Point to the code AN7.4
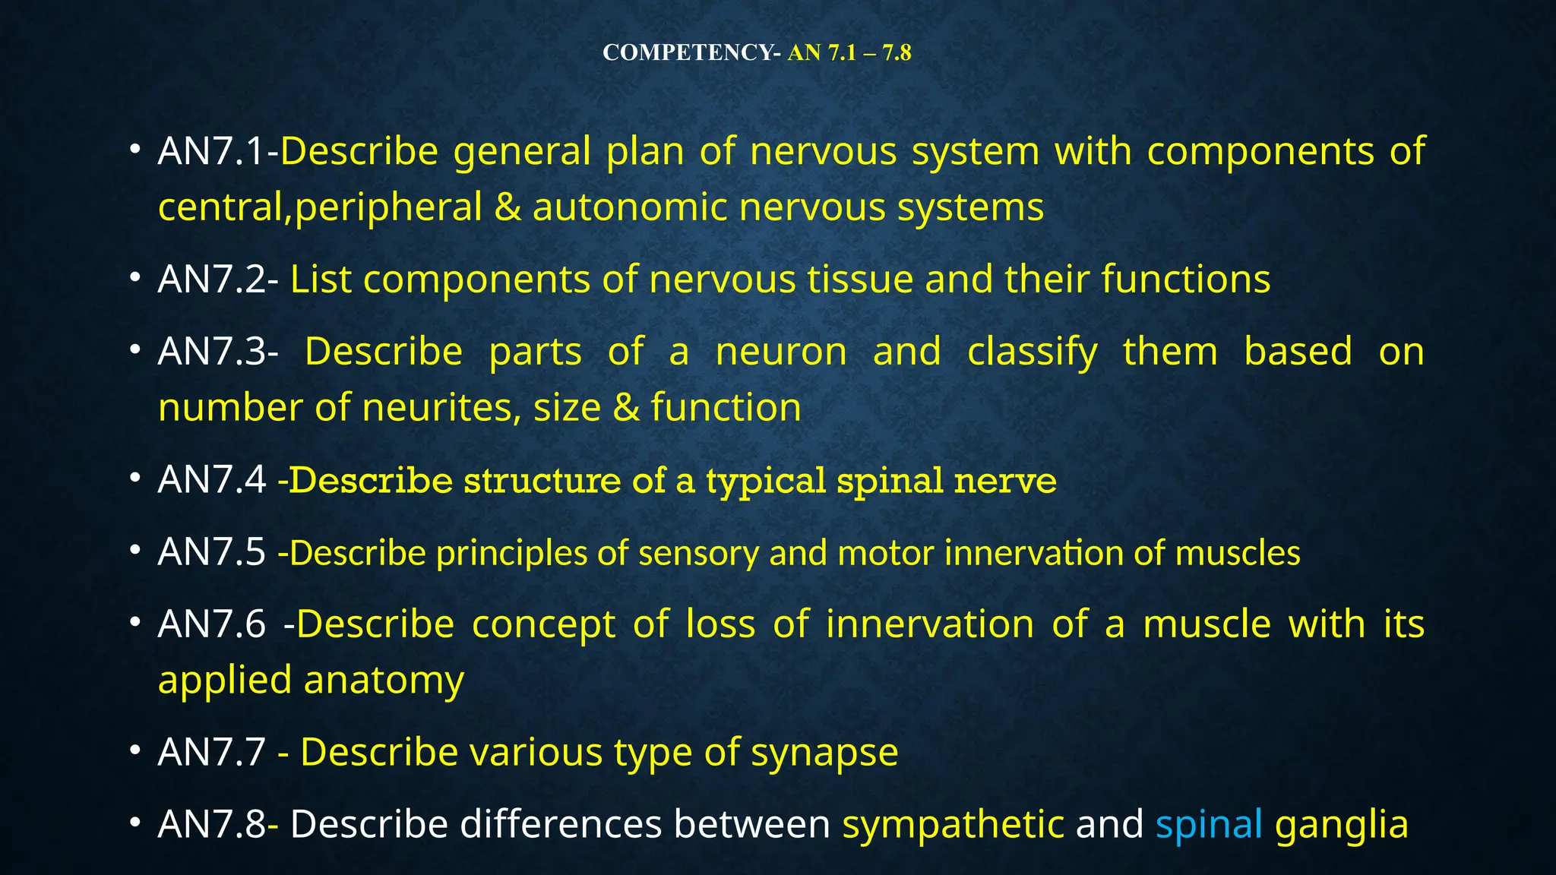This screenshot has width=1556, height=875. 212,479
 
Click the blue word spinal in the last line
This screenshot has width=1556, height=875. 1209,824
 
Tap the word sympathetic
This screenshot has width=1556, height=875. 953,824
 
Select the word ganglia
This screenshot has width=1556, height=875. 1342,824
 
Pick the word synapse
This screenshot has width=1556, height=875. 824,753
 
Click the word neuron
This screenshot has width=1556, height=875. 781,352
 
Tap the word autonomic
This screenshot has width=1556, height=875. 630,207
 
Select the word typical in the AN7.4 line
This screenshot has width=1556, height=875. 766,481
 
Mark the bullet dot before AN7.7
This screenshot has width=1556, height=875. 135,750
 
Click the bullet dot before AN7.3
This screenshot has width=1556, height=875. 135,350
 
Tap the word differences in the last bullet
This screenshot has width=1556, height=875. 560,824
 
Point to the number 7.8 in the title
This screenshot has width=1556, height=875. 897,52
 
